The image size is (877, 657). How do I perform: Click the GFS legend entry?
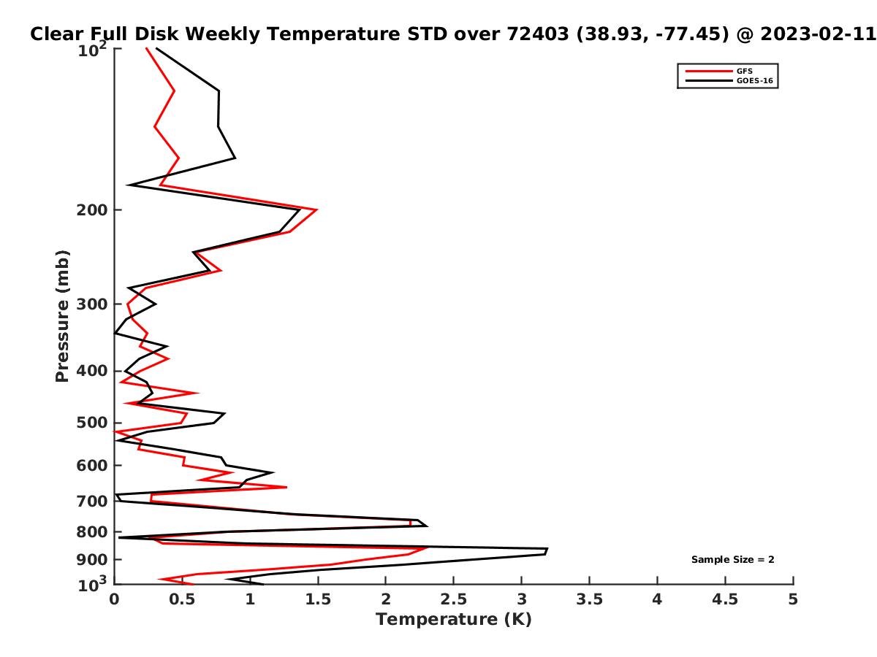click(718, 71)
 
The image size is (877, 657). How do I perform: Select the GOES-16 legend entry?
click(729, 80)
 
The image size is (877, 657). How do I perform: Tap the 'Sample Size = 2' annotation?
click(732, 559)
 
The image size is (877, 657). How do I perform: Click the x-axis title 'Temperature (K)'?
click(454, 619)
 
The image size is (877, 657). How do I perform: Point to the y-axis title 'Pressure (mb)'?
click(62, 316)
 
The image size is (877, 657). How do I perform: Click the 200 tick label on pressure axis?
click(92, 210)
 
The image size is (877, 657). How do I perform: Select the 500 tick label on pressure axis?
click(92, 423)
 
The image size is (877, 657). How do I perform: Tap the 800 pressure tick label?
click(92, 531)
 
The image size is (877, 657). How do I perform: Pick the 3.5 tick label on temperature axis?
click(589, 599)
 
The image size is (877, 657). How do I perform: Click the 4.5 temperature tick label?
click(725, 599)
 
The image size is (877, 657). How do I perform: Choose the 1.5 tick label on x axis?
click(318, 599)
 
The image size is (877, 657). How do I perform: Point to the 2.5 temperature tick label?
click(454, 599)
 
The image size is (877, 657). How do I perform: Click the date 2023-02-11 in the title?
click(818, 34)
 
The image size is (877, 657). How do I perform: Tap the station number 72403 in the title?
click(538, 34)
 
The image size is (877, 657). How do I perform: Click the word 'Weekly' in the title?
click(225, 34)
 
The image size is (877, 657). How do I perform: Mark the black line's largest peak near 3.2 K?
click(547, 548)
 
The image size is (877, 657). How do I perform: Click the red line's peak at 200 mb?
click(317, 210)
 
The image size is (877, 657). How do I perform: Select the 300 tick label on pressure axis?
click(92, 304)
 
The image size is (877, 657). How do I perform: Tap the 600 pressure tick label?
click(92, 465)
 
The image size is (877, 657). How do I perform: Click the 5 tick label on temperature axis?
click(793, 599)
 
